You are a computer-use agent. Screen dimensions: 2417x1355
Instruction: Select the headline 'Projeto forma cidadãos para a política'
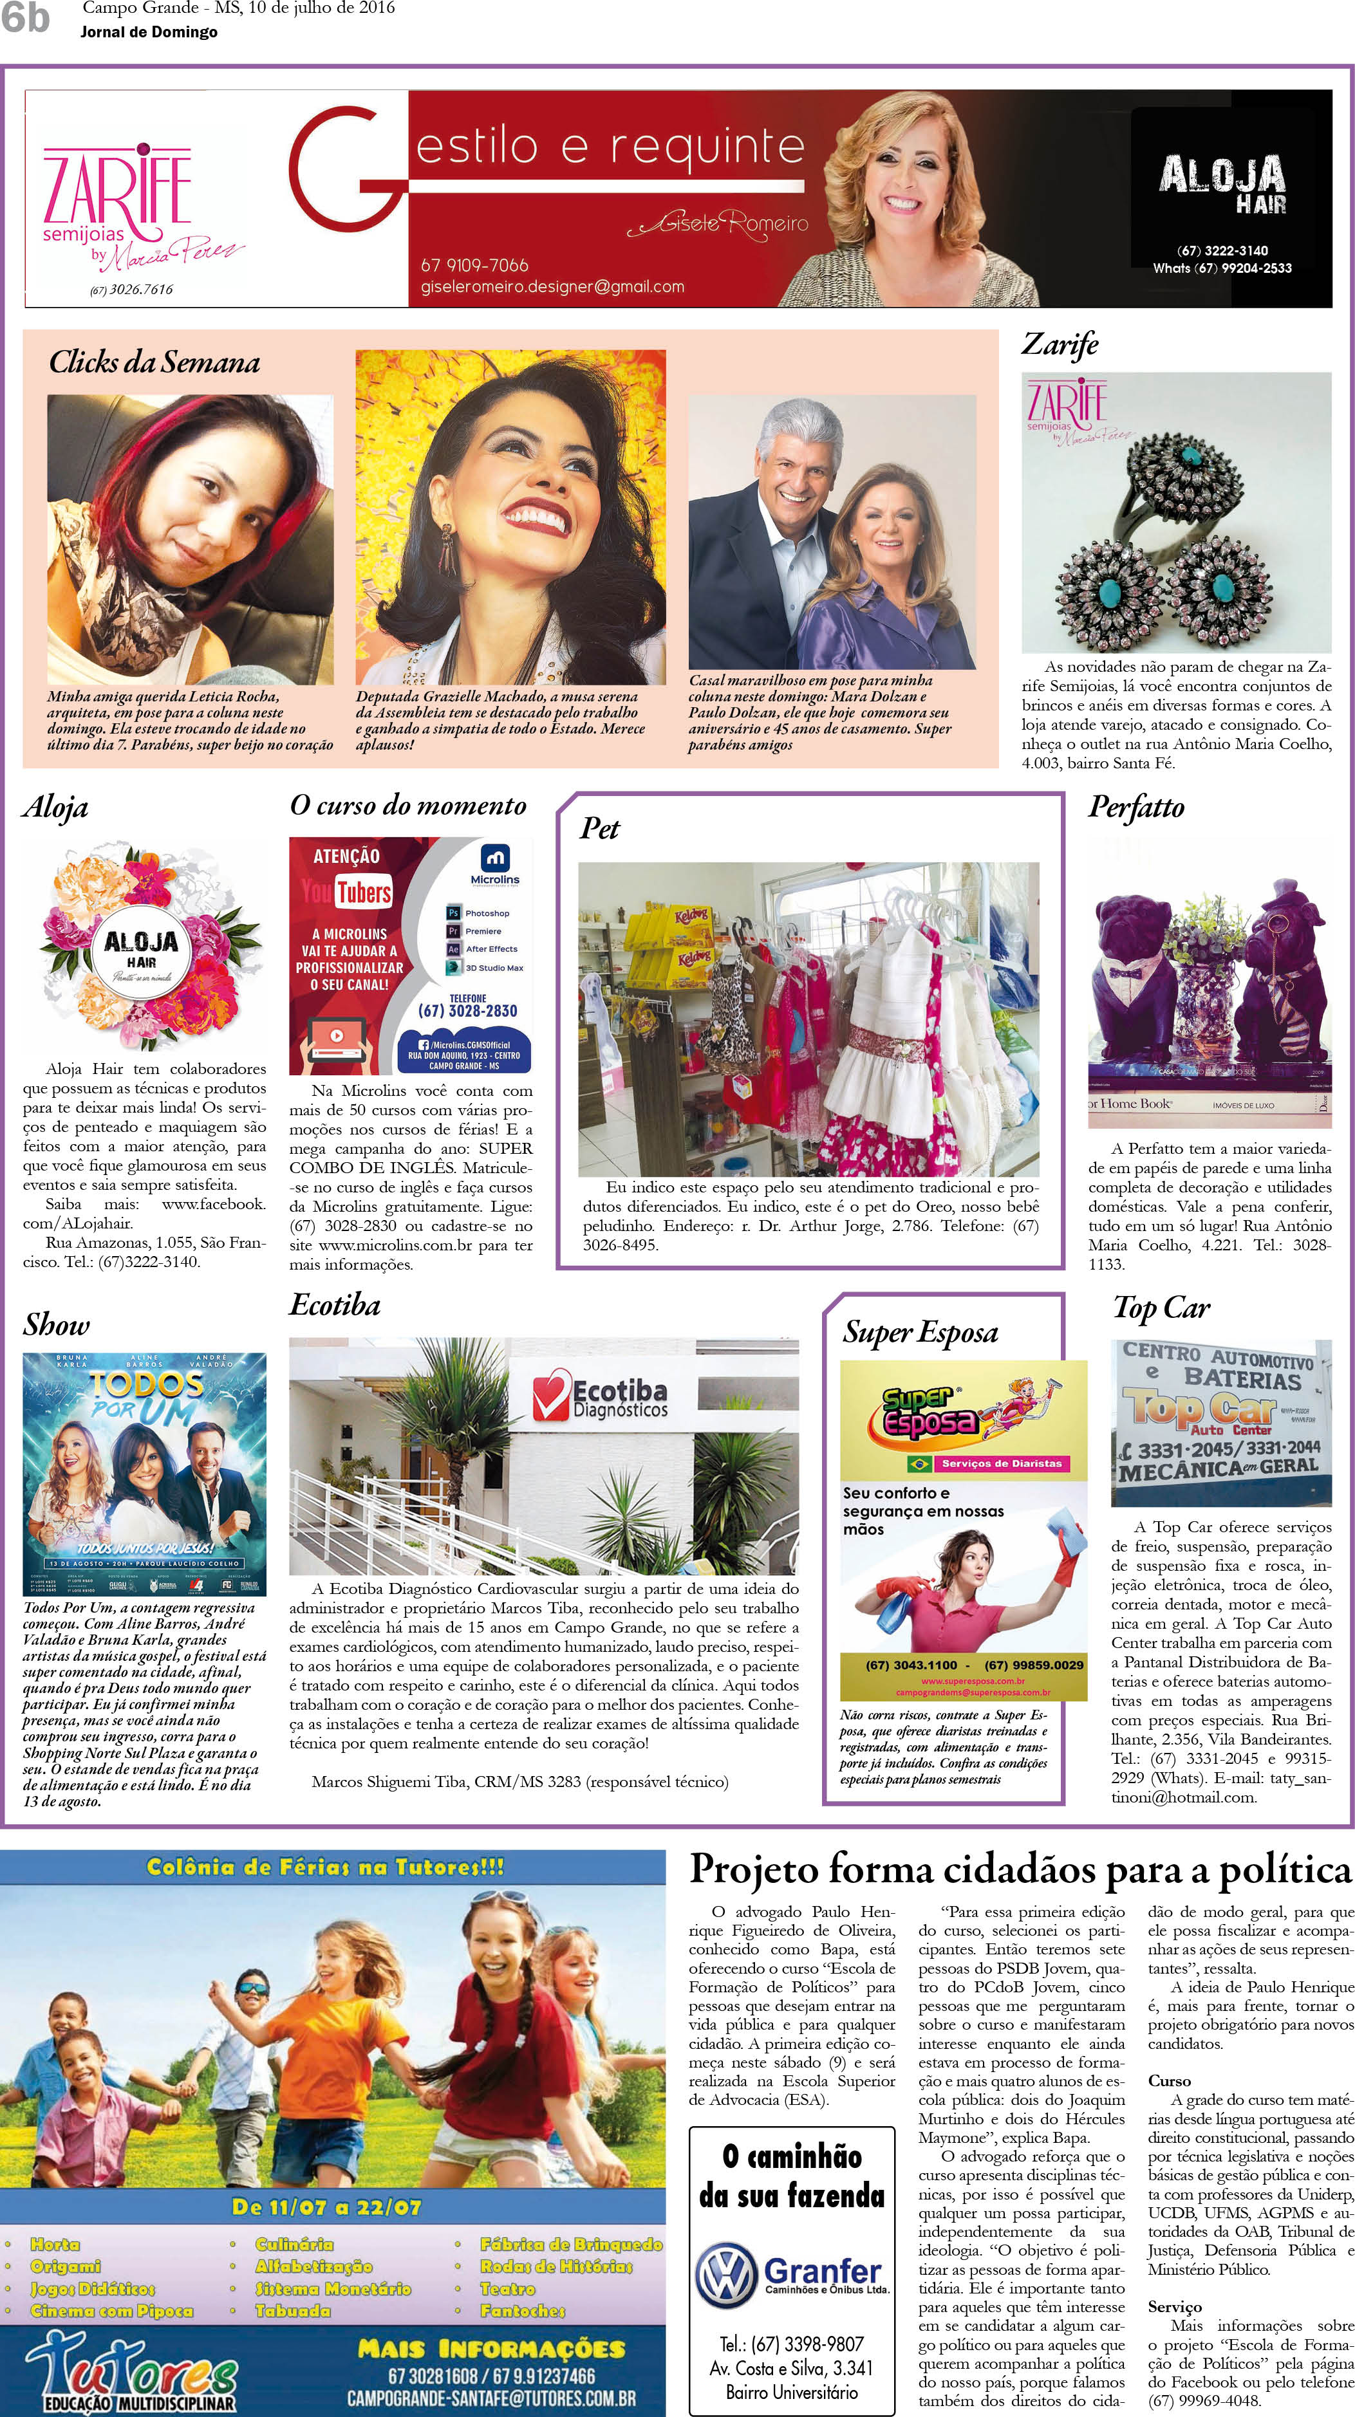pyautogui.click(x=1020, y=1870)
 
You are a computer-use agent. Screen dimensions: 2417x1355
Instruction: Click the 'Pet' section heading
pyautogui.click(x=600, y=828)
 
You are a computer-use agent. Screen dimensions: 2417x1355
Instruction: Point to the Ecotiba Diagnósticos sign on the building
pyautogui.click(x=601, y=1398)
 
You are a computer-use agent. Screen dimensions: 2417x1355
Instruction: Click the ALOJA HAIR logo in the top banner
pyautogui.click(x=1222, y=186)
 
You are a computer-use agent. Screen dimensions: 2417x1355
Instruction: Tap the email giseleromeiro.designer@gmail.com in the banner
pyautogui.click(x=552, y=287)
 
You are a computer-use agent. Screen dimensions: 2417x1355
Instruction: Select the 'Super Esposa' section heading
pyautogui.click(x=920, y=1332)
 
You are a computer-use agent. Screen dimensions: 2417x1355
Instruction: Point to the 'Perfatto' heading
pyautogui.click(x=1135, y=807)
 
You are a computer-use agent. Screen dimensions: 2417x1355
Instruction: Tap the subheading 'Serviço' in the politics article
pyautogui.click(x=1174, y=2306)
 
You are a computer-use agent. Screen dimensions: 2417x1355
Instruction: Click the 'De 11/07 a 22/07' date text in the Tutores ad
pyautogui.click(x=326, y=2207)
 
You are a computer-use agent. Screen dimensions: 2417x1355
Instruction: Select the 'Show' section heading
pyautogui.click(x=56, y=1325)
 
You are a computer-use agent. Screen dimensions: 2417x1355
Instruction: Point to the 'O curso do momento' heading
pyautogui.click(x=408, y=806)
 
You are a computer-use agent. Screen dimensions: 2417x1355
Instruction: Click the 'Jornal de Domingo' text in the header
pyautogui.click(x=149, y=33)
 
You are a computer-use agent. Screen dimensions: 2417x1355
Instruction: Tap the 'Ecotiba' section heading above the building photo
pyautogui.click(x=335, y=1305)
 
